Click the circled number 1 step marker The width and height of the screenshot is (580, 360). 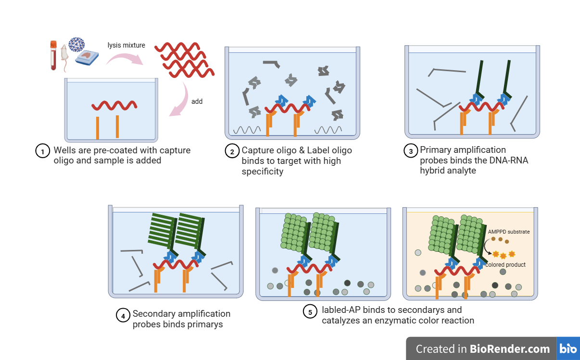[43, 151]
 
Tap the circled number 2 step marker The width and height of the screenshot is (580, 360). [232, 151]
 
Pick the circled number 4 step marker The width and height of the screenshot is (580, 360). [123, 315]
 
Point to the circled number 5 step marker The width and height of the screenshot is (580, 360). [310, 311]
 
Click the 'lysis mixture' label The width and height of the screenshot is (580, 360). [126, 46]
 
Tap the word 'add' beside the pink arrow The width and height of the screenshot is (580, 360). [197, 101]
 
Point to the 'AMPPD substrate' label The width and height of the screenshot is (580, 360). [508, 232]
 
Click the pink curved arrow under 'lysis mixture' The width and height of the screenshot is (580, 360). [124, 59]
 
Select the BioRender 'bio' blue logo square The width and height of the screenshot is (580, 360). [568, 348]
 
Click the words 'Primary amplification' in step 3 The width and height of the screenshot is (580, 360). [463, 150]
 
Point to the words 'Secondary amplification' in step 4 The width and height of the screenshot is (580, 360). [181, 314]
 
